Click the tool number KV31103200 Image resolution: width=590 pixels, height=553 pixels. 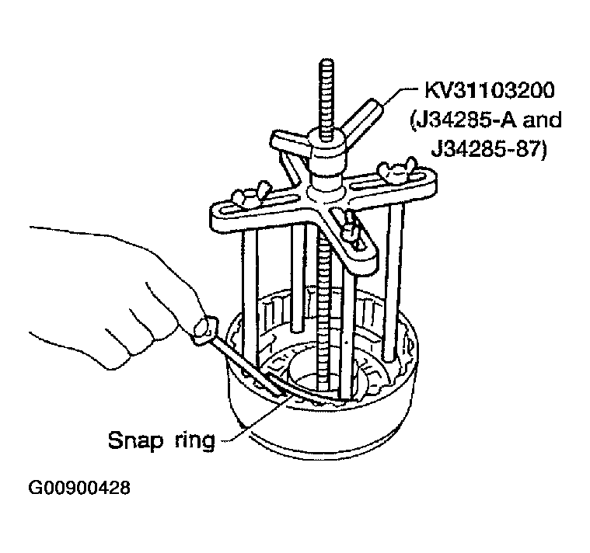(490, 91)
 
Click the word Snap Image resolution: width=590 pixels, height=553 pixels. (135, 441)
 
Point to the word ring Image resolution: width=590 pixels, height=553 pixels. (195, 441)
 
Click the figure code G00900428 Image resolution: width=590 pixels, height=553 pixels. (79, 488)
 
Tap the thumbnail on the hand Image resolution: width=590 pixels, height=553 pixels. (204, 327)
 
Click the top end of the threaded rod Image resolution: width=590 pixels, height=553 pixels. (326, 61)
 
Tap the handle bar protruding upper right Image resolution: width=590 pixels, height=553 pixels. (364, 118)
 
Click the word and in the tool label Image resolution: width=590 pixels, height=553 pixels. (543, 120)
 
